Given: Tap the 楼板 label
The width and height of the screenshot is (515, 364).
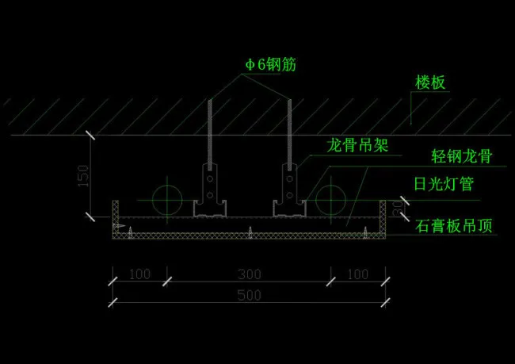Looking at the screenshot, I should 431,82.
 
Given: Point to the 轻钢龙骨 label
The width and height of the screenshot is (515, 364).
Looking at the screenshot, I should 462,156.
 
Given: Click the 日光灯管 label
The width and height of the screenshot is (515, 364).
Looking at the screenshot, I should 444,185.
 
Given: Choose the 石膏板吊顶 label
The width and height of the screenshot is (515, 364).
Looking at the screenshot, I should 454,225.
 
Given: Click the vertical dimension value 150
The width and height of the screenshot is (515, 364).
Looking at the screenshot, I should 83,176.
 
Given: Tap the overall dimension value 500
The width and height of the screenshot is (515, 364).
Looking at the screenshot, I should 249,296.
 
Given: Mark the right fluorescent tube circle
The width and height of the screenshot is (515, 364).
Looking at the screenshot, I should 331,198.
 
